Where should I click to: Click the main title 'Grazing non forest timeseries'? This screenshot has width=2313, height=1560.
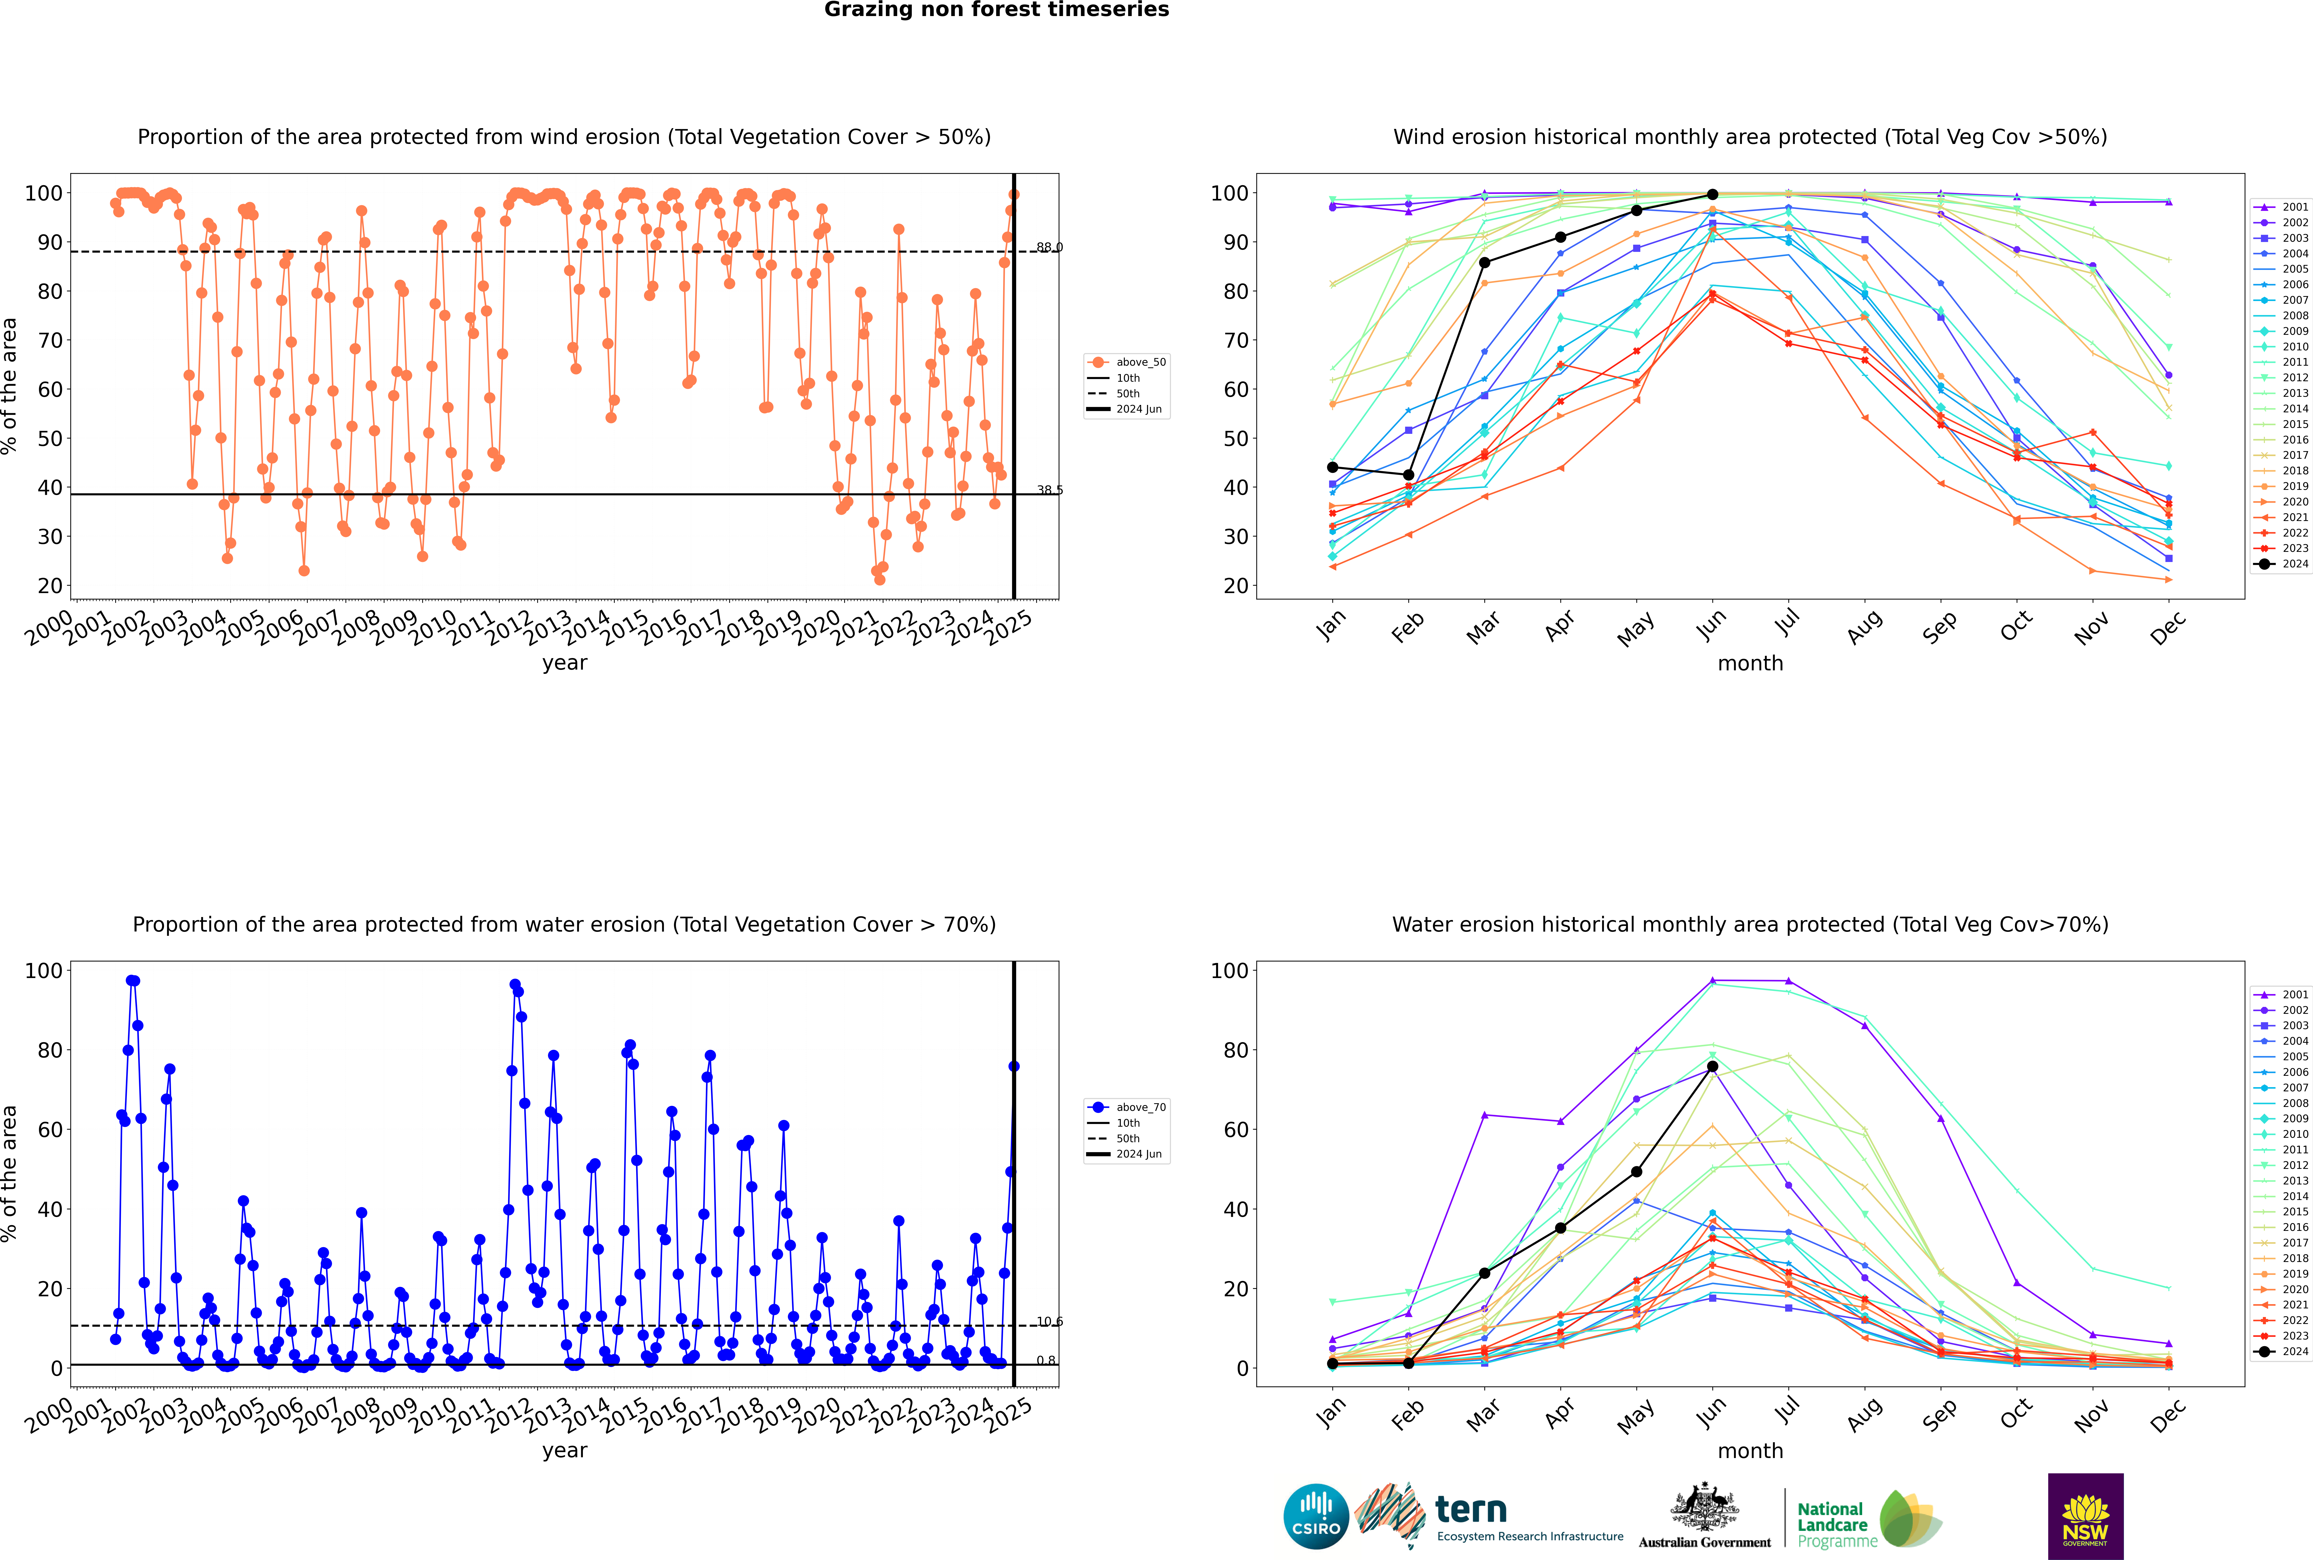click(x=996, y=10)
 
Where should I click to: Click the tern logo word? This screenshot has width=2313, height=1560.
click(x=1471, y=1510)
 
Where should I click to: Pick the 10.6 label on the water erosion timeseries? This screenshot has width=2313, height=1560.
click(x=1049, y=1321)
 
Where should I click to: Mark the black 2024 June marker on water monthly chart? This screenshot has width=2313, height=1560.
click(x=1712, y=1066)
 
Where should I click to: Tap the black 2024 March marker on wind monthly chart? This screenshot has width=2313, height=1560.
click(x=1485, y=263)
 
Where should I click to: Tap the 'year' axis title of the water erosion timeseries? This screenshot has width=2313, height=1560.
click(x=565, y=1450)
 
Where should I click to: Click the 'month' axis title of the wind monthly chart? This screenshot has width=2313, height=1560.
click(x=1750, y=664)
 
